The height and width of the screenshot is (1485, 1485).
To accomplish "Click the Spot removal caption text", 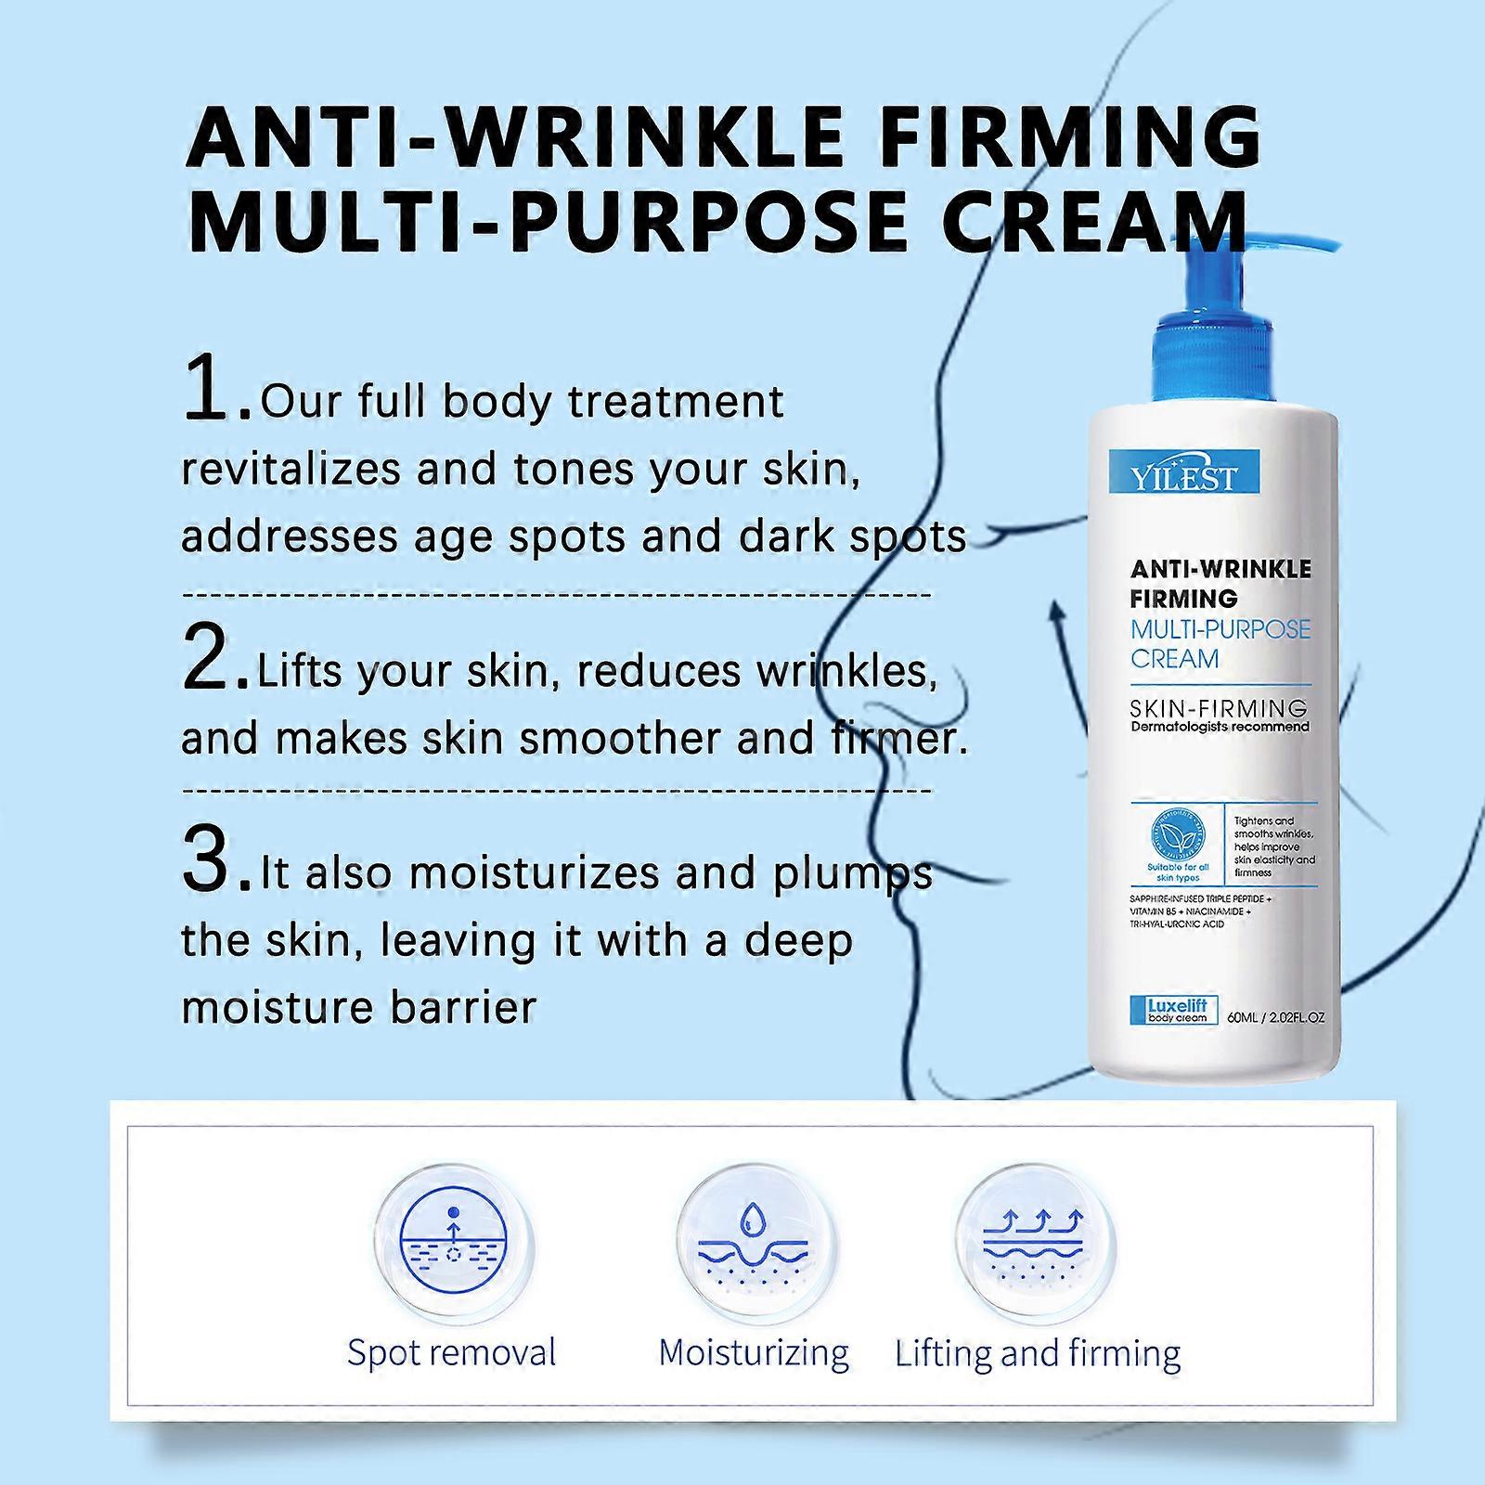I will coord(451,1352).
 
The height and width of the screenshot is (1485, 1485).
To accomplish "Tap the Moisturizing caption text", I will coord(754,1352).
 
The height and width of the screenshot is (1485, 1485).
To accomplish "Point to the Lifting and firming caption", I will coord(1038,1354).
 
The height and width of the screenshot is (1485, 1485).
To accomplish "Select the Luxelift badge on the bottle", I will coord(1176,1010).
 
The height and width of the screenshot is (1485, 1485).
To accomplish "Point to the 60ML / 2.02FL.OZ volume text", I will coord(1275,1017).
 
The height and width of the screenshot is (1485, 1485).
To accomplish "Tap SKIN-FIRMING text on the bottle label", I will coord(1219,708).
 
